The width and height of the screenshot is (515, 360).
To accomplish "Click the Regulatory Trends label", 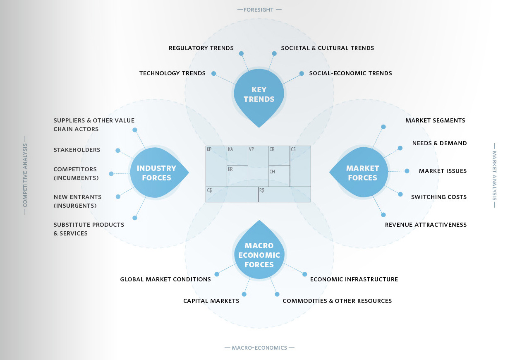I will coord(201,48).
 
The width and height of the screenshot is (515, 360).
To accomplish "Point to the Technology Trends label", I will coord(172,73).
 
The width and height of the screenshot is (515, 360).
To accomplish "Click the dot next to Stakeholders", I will coord(118,151).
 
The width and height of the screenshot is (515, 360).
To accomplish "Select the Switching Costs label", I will coord(438,197).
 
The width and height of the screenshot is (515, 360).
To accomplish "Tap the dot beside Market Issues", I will coord(407,171).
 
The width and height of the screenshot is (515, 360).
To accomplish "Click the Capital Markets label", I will coord(211,301).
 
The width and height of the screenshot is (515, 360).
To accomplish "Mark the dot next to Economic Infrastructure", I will coord(305,274).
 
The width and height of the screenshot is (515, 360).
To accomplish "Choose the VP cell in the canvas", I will coord(258,166).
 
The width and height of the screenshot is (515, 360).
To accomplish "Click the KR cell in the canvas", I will coord(237,176).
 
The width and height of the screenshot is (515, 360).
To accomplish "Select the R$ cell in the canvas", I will coord(284,194).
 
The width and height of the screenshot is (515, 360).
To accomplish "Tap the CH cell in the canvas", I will coord(279,176).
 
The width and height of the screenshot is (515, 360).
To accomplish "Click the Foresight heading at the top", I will coord(259,9).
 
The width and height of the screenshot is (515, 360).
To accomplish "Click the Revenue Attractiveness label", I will coord(426,225).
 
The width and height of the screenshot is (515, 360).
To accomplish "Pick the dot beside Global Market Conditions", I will coord(217,274).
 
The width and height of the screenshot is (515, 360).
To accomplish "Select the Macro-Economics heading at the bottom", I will coord(259,348).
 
